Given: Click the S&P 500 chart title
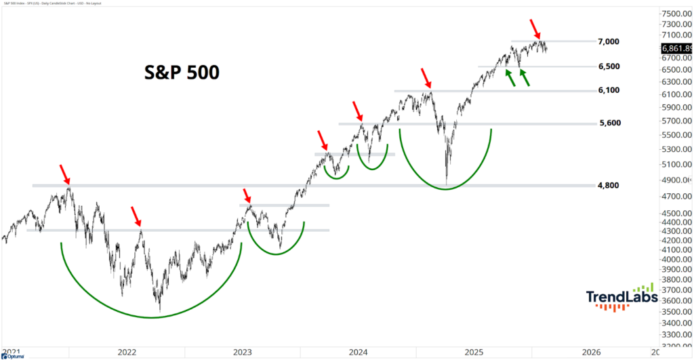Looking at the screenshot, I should coord(182,73).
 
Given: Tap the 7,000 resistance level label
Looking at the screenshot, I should coord(609,42).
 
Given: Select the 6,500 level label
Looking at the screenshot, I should coord(609,66).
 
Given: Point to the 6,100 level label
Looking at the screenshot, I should coord(609,91).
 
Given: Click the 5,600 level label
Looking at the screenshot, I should coord(609,123).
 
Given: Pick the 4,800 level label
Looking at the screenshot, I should coord(609,185).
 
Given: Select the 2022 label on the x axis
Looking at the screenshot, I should coord(127,353).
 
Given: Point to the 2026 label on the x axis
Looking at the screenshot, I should coord(591,353).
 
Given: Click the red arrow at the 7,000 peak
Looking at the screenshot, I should coord(535,29).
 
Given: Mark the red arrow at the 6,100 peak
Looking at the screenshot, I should coord(425,76).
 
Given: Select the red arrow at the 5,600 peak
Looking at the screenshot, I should coord(358,108).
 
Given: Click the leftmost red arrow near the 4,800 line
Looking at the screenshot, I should coord(64,174).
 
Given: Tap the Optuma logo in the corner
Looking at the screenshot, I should coord(12,356).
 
